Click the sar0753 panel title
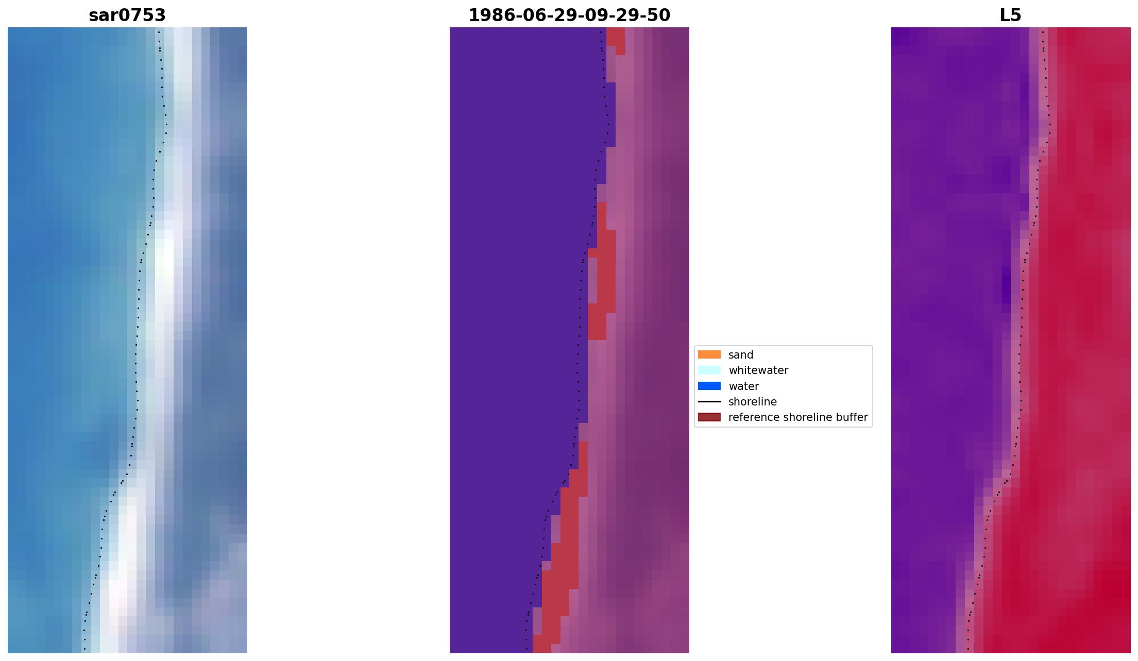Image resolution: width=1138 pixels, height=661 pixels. coord(127,15)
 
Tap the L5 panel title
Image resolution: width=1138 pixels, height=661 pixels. coord(1010,15)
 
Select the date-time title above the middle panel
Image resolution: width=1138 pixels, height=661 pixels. coord(569,15)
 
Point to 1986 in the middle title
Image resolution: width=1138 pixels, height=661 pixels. coord(488,15)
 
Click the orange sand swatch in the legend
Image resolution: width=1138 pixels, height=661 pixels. coord(709,354)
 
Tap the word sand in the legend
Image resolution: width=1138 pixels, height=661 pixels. coord(741,355)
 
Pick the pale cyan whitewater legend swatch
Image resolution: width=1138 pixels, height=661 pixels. coord(709,370)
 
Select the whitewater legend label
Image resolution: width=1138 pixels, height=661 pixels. coord(758,370)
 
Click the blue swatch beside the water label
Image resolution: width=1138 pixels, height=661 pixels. coord(709,386)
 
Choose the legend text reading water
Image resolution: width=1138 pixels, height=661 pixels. coord(743,386)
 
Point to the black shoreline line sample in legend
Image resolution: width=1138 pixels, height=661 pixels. coord(709,401)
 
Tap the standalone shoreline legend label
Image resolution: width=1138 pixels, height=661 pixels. coord(752,402)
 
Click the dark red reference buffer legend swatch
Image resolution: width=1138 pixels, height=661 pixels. coord(709,417)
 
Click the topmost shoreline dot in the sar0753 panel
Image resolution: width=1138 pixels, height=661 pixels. coord(159,32)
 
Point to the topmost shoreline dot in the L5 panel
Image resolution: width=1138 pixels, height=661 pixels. coord(1043,32)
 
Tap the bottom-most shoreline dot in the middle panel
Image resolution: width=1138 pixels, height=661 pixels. coord(526,649)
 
